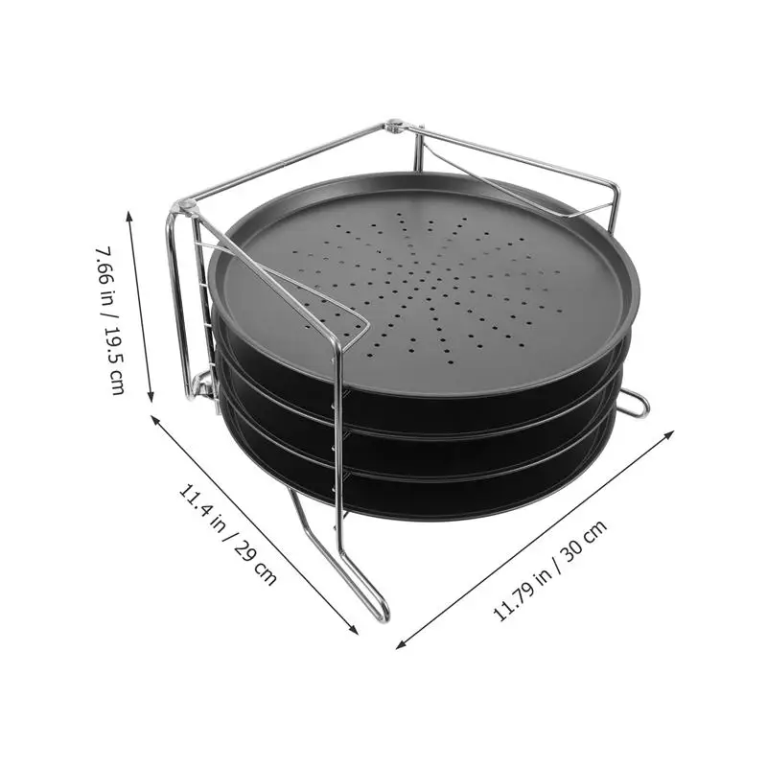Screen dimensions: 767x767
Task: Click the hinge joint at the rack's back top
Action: [394, 126]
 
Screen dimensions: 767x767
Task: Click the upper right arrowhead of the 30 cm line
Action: [673, 431]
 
